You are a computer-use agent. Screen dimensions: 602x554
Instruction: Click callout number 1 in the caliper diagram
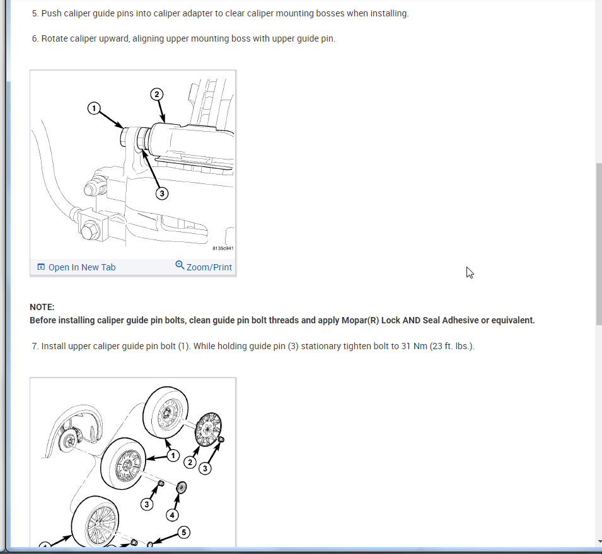coord(94,108)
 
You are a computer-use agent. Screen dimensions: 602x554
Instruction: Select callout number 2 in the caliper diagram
coord(156,94)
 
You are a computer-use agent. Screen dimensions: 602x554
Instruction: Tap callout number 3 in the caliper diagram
coord(161,193)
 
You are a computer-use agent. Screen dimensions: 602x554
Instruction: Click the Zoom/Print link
coord(209,267)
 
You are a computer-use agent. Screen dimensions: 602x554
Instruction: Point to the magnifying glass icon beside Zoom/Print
coord(180,265)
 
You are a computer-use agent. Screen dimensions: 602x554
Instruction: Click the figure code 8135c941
coord(223,248)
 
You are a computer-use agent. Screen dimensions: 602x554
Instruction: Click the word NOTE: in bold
coord(42,307)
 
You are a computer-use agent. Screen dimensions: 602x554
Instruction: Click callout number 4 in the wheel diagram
coord(172,515)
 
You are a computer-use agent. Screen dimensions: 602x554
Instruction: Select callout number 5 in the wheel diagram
coord(183,533)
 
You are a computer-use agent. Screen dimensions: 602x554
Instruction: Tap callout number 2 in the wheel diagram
coord(190,463)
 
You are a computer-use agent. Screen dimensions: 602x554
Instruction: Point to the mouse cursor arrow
coord(470,272)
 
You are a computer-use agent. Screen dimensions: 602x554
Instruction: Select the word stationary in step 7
coord(318,346)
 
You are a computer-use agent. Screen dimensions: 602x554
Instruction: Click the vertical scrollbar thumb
coord(599,244)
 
